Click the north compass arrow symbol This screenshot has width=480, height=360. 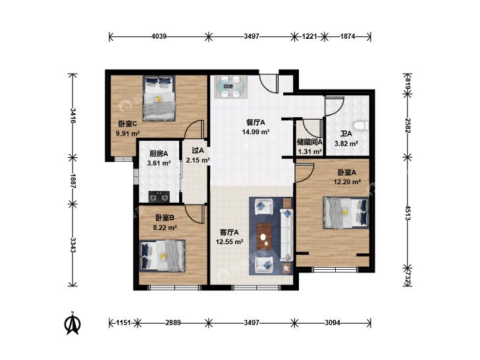click(72, 324)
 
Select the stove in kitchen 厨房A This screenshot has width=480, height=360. click(159, 196)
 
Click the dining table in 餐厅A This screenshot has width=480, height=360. click(230, 87)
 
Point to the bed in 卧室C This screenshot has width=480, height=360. click(159, 98)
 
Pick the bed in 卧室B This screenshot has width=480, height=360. click(162, 256)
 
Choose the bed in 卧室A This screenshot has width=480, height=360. click(346, 213)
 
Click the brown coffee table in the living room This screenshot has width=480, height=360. click(265, 235)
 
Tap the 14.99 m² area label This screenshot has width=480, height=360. click(255, 132)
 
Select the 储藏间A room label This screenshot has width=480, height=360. click(309, 142)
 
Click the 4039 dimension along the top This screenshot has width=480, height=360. click(159, 36)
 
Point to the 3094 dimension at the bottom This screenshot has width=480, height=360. click(333, 322)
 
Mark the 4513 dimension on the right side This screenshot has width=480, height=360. click(408, 213)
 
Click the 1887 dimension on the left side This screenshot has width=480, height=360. click(73, 180)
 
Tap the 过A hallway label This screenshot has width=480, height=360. click(198, 151)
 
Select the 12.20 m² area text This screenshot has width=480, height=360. click(347, 182)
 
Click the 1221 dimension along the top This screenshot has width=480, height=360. click(309, 36)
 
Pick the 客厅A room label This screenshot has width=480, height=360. click(229, 232)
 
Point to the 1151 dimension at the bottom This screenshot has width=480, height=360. click(124, 322)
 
